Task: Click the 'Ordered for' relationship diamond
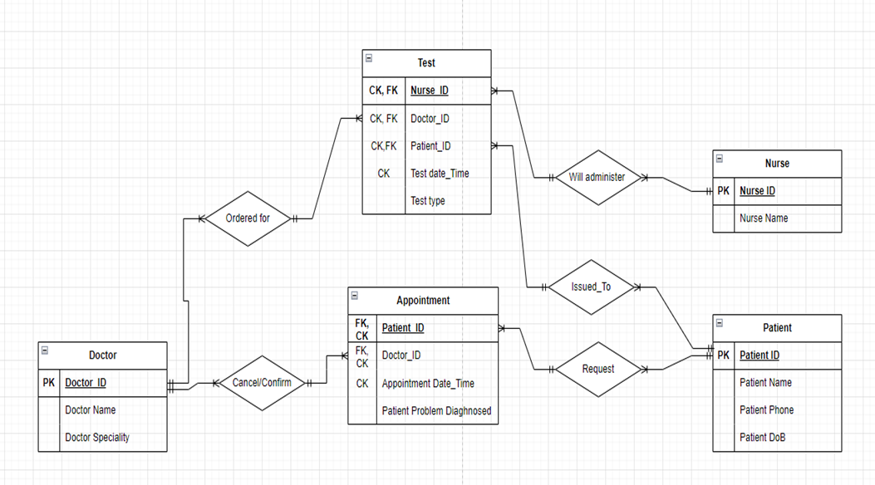[248, 218]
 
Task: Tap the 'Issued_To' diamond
[591, 287]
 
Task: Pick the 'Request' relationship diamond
[597, 369]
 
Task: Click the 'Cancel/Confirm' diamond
[262, 383]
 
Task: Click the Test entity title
[426, 63]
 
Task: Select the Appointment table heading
[423, 301]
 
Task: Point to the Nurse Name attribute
[764, 218]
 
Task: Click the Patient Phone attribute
[766, 409]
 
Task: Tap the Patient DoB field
[762, 437]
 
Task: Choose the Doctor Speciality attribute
[97, 437]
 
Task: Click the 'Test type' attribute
[429, 200]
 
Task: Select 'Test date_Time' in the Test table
[440, 173]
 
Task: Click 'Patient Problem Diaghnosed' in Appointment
[436, 410]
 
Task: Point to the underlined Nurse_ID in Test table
[430, 91]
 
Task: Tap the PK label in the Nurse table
[724, 191]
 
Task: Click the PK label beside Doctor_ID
[49, 383]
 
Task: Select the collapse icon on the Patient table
[720, 322]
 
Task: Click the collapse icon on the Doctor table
[45, 350]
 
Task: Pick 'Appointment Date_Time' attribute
[428, 383]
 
